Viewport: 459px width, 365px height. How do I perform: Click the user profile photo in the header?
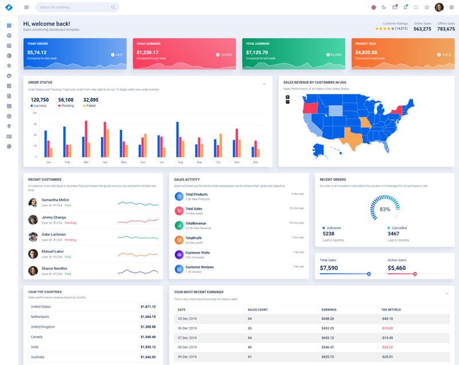439,7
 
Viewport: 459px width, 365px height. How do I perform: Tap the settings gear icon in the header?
452,7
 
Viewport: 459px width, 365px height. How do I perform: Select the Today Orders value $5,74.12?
37,52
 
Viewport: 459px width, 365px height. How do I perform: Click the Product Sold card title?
365,44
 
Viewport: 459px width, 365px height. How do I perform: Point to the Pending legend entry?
66,106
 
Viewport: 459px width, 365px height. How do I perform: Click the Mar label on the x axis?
86,162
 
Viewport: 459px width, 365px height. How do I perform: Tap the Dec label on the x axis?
256,162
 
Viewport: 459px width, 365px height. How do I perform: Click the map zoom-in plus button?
287,97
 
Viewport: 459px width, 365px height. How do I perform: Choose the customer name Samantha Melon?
55,200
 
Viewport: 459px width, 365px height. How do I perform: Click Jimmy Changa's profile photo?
33,220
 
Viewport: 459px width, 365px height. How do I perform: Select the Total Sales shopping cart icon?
179,211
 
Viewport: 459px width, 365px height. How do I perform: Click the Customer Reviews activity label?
200,267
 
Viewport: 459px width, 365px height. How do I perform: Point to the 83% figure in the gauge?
385,209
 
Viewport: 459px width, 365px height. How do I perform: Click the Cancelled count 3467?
394,234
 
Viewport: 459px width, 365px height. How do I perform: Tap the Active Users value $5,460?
396,268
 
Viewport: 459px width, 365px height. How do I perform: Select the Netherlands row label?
40,317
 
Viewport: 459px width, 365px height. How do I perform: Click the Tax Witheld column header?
391,310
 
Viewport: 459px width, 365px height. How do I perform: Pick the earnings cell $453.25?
328,328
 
